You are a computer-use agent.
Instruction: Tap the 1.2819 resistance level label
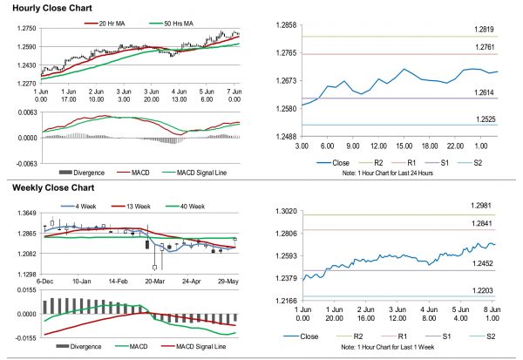point(474,31)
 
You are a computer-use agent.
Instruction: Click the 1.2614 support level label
point(474,92)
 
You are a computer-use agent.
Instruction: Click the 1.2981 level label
point(474,205)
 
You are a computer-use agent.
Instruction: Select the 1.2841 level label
point(474,223)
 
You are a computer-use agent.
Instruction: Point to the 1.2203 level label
point(474,290)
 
